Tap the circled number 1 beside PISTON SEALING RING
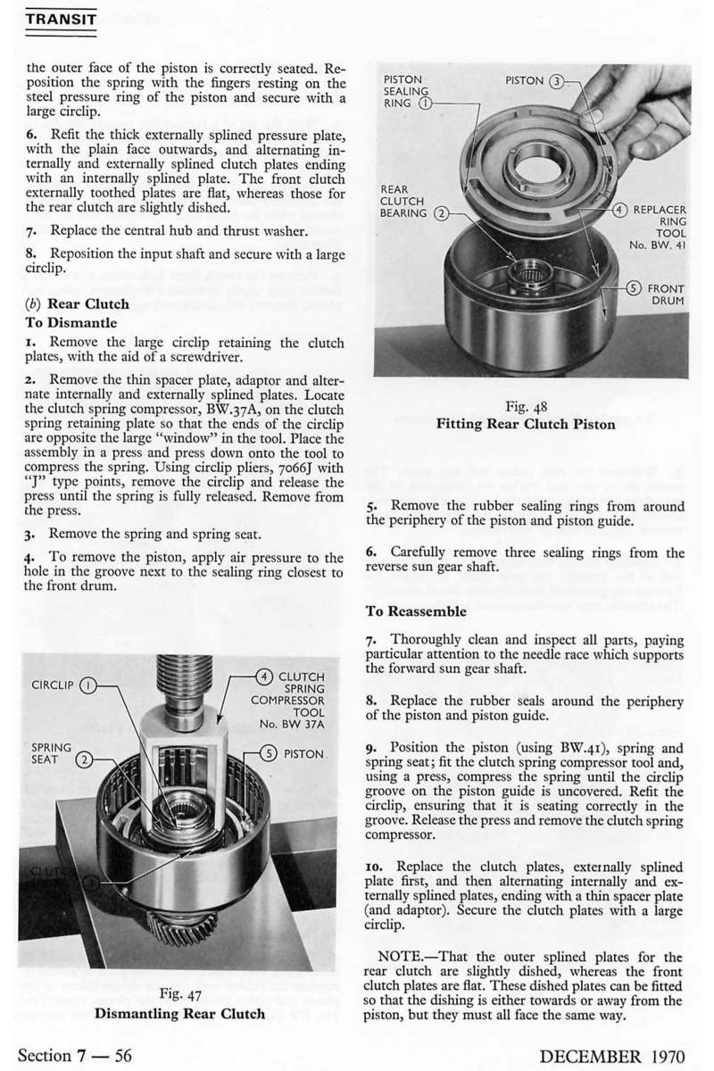pos(426,103)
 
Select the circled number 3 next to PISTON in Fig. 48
pos(555,81)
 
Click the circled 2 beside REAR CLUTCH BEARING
pos(439,214)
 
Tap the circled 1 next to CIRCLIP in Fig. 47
pos(88,686)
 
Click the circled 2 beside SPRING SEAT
pos(84,760)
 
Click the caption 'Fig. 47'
pos(179,994)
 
